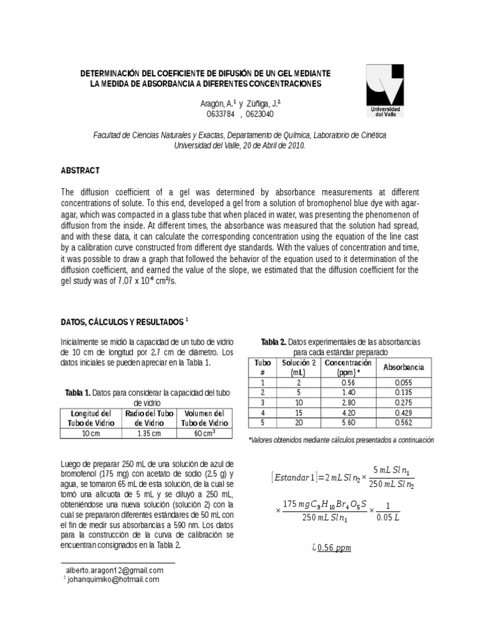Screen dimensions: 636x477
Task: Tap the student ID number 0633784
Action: coord(220,114)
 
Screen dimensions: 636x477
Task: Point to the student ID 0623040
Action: coord(259,114)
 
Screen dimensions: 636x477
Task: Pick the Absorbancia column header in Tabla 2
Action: coord(404,367)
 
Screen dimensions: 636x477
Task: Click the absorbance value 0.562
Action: coord(403,422)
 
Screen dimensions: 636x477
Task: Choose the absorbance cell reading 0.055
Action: coord(403,383)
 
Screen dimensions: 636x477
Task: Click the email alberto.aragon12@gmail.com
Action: coord(114,570)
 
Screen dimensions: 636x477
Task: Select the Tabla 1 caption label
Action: coord(78,393)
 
